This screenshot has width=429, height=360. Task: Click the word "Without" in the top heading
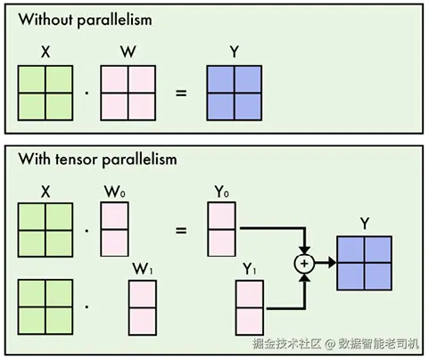tap(46, 20)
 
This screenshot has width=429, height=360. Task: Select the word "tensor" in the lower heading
tap(77, 160)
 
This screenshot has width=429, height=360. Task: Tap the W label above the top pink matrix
tap(128, 52)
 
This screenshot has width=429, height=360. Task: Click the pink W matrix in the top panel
tap(128, 93)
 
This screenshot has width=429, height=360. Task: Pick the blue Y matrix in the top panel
tap(235, 93)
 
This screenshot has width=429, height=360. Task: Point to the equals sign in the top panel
tap(181, 94)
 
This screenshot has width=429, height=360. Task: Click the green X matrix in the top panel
tap(45, 93)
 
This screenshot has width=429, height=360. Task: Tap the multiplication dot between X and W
tap(87, 94)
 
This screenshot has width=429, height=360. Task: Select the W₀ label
tap(115, 192)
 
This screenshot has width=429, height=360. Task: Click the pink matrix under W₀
tap(114, 229)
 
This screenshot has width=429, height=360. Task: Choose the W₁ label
tap(143, 269)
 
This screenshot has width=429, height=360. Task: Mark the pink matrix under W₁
tap(143, 307)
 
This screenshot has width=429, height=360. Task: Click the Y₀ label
tap(222, 192)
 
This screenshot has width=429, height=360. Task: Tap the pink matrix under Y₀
tap(222, 229)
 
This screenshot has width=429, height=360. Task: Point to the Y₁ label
tap(250, 269)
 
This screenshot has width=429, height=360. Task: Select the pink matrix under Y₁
tap(250, 307)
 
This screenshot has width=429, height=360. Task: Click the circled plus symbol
tap(304, 264)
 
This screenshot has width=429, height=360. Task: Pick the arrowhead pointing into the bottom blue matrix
tap(333, 263)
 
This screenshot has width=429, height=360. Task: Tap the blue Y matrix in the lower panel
tap(365, 263)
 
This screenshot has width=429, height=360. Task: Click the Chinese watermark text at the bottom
tap(335, 344)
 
